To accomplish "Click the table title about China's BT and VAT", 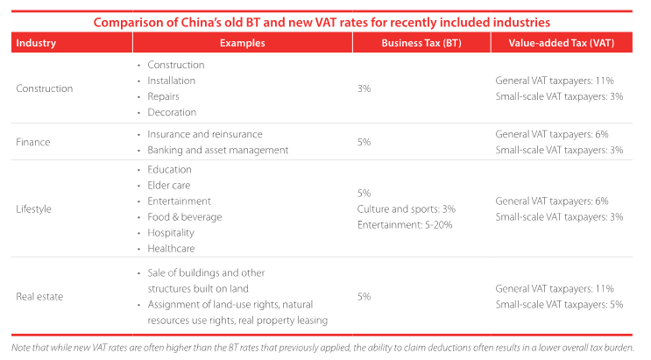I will tap(324, 22).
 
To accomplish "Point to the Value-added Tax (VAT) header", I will tap(560, 42).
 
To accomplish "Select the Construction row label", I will tap(45, 88).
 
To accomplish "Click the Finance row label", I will tap(32, 142).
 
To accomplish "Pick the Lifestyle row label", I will tap(34, 209).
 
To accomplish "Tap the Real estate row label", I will tap(39, 296).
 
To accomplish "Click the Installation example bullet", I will tap(172, 81).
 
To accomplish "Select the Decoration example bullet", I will tap(172, 112).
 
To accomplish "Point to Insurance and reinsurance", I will tap(205, 134).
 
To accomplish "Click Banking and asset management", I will tap(218, 150).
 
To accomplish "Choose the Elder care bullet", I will tap(169, 185).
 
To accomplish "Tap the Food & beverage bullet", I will tap(185, 216).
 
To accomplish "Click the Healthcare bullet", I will tap(171, 248).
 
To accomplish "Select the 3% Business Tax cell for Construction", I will tap(364, 88).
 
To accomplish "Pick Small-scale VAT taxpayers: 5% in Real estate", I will tap(552, 304).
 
